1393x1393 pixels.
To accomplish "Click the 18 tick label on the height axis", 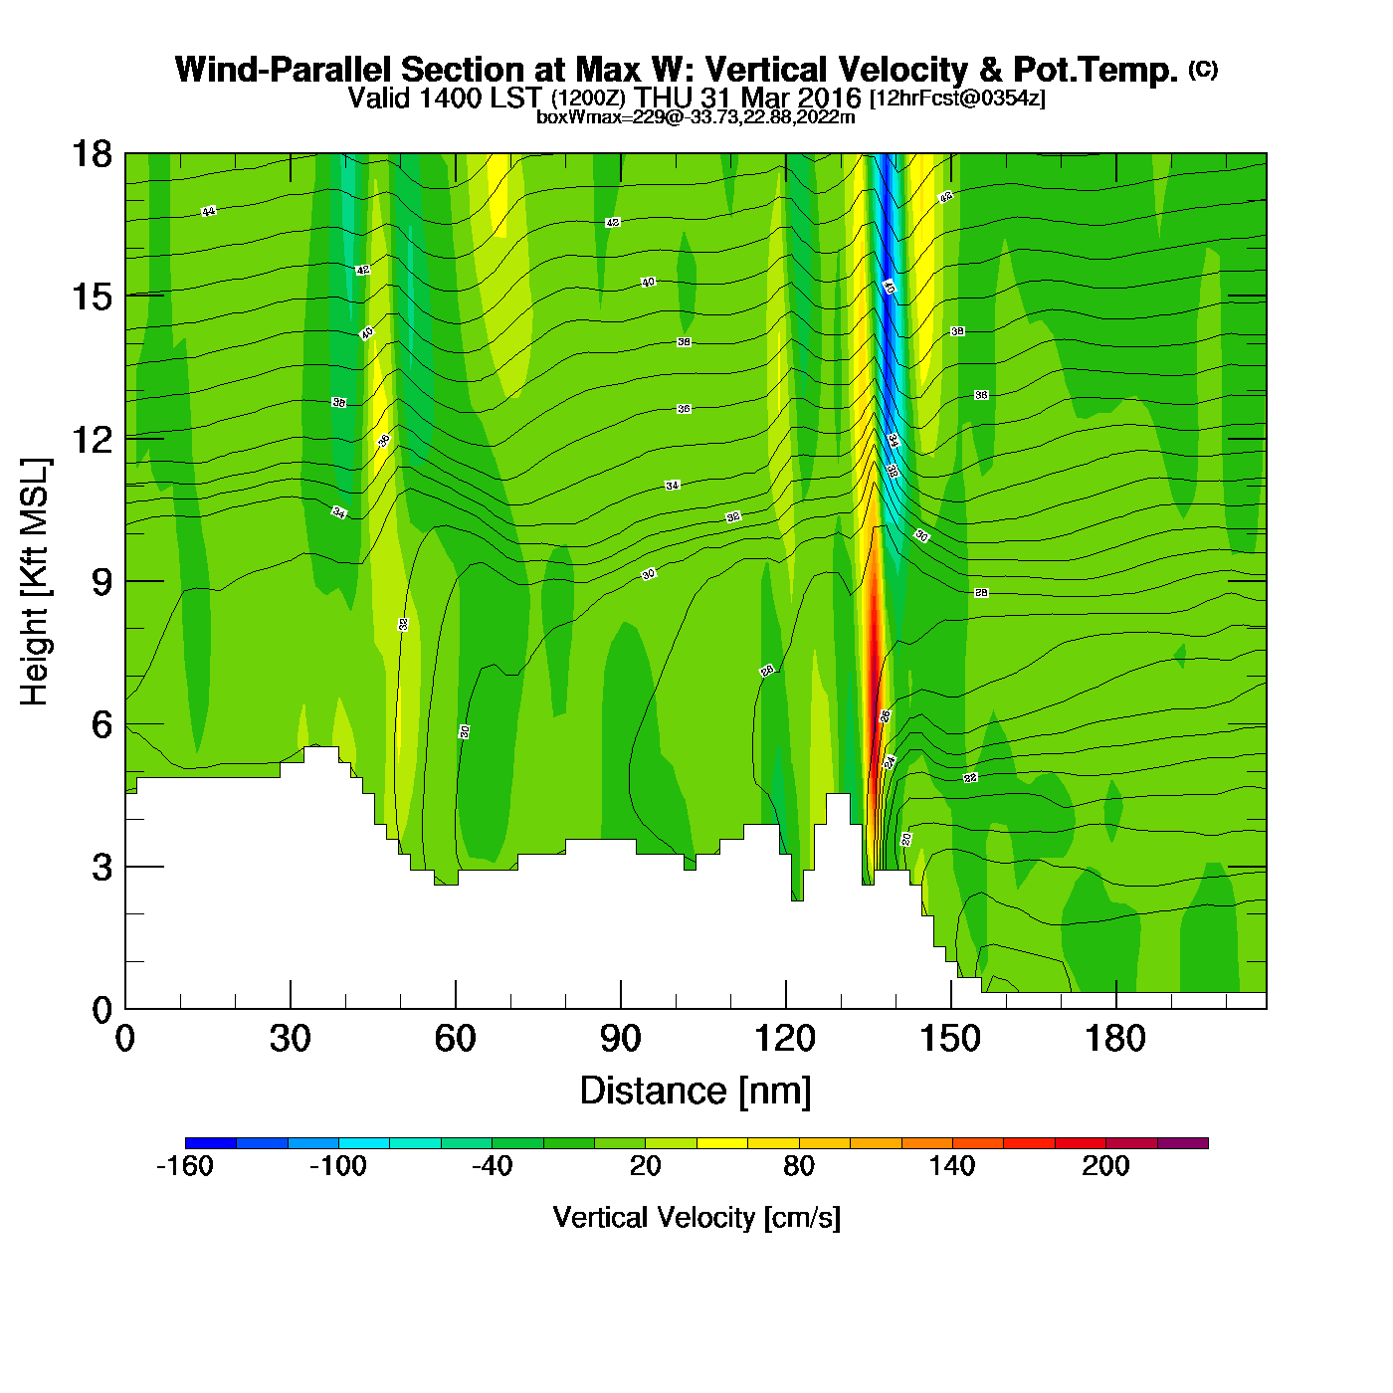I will point(92,154).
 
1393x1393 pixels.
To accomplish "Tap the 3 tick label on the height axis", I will point(101,868).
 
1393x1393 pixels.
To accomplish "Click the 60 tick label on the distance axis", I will point(455,1040).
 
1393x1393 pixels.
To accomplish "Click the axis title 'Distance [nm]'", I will point(696,1092).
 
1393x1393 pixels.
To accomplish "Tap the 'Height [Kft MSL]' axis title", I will point(35,582).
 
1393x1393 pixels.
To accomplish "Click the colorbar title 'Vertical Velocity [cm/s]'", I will point(696,1218).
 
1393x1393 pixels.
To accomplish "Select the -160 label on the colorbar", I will point(185,1166).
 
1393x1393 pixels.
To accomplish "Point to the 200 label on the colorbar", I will point(1105,1166).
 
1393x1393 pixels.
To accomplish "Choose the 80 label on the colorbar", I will point(799,1166).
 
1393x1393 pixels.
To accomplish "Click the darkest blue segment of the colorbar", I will point(211,1143).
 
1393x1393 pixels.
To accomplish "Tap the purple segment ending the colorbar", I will point(1183,1143).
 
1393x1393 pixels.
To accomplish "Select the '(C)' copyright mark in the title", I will point(1203,69).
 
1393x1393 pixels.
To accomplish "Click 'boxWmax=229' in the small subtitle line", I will point(584,117).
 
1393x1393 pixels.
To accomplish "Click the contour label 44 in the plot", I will point(208,211).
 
